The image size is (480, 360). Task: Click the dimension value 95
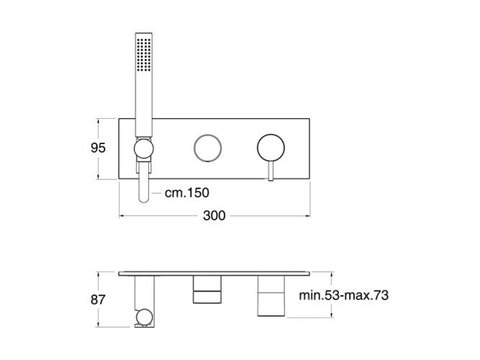(x=98, y=148)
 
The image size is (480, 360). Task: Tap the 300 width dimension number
(x=214, y=216)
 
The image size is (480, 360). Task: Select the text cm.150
(x=186, y=193)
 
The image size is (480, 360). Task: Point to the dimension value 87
(x=98, y=300)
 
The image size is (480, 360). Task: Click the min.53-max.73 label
(x=343, y=295)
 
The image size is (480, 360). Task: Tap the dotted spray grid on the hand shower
(x=144, y=55)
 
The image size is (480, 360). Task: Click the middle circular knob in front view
(x=208, y=148)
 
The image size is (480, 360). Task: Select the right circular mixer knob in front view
(x=271, y=148)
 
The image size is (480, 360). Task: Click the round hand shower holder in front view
(x=144, y=149)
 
